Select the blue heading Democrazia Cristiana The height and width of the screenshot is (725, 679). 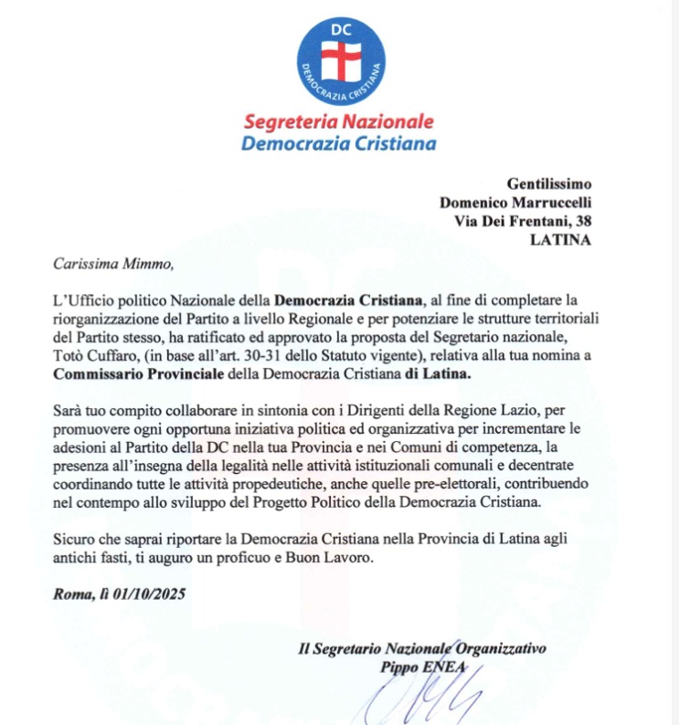338,142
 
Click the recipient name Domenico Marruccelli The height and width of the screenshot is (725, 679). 515,203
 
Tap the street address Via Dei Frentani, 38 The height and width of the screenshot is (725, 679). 523,222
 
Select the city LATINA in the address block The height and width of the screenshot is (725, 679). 560,241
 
